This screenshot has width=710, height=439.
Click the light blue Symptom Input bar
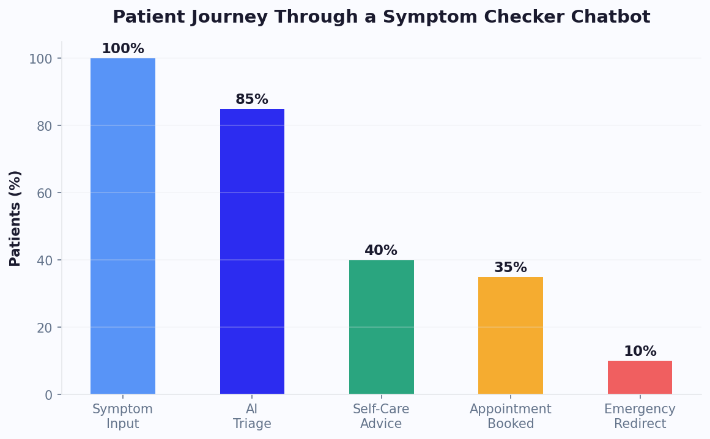coord(122,226)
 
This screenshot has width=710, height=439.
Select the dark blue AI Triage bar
coord(252,251)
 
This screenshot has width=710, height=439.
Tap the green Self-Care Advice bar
coord(381,327)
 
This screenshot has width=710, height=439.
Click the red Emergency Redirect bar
coord(640,377)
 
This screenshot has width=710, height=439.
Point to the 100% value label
coord(122,49)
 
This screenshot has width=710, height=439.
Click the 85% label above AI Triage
coord(252,100)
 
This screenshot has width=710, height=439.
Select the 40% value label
coord(381,251)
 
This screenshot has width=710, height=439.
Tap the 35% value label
coord(510,268)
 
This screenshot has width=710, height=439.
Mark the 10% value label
coord(640,352)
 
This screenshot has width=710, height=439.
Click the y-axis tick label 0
coord(49,395)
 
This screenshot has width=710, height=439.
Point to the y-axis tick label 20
coord(45,328)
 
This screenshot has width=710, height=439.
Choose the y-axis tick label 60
coord(45,193)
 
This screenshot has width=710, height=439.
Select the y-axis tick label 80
coord(45,126)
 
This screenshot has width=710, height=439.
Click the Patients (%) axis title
coord(15,218)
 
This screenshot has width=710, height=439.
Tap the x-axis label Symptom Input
coord(122,416)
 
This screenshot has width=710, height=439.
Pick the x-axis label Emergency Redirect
coord(640,416)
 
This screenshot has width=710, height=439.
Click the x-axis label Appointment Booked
coord(510,416)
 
